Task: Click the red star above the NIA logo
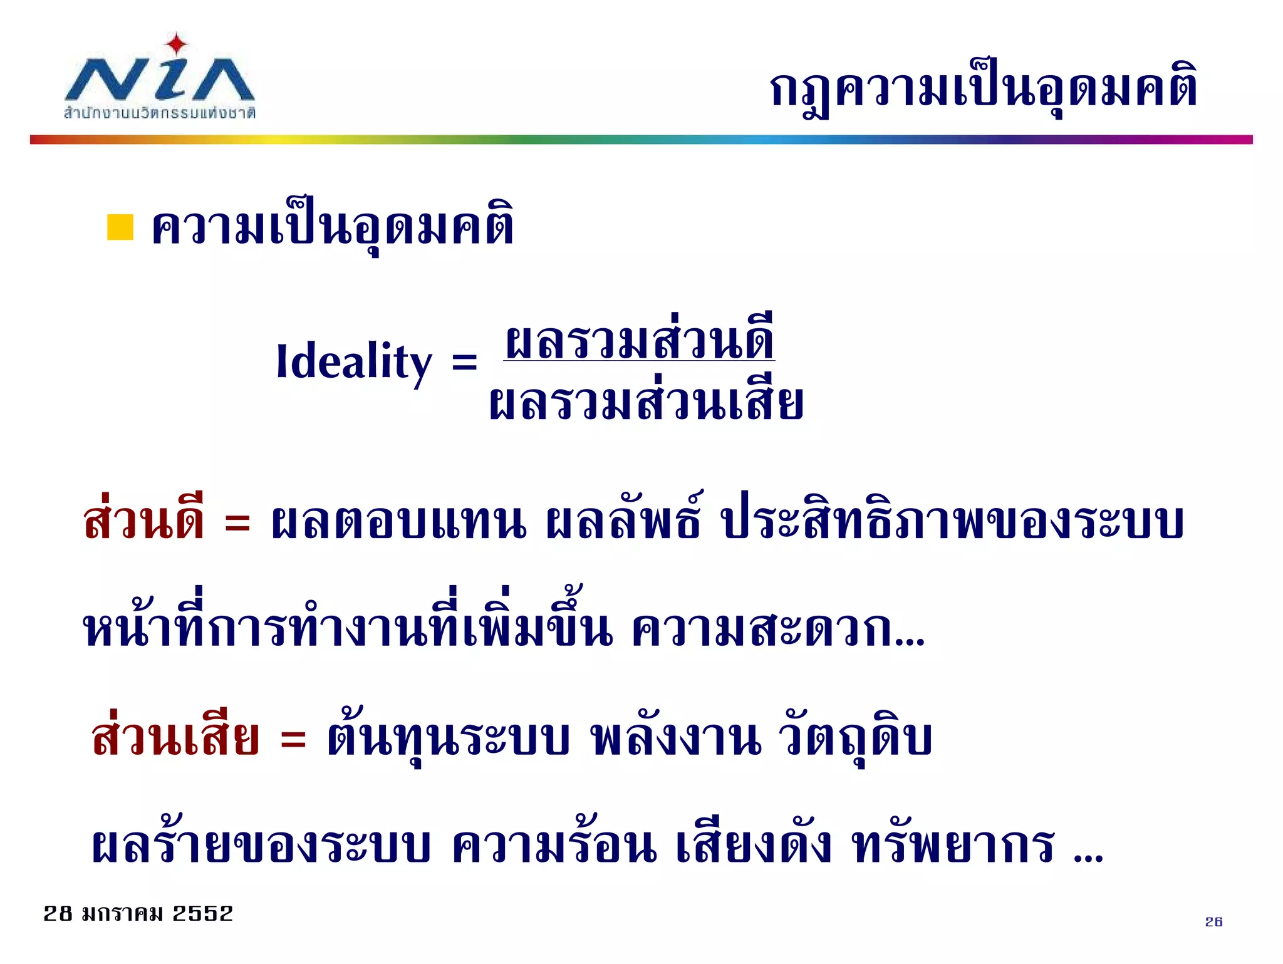click(x=177, y=44)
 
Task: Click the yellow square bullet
click(x=120, y=227)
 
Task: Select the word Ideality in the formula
click(x=354, y=362)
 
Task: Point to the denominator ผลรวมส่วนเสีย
click(x=646, y=402)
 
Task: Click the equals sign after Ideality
click(x=464, y=362)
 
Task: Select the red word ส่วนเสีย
click(x=175, y=737)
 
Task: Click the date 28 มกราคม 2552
click(x=138, y=913)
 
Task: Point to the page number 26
click(x=1213, y=921)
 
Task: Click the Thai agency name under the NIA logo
click(x=160, y=113)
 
